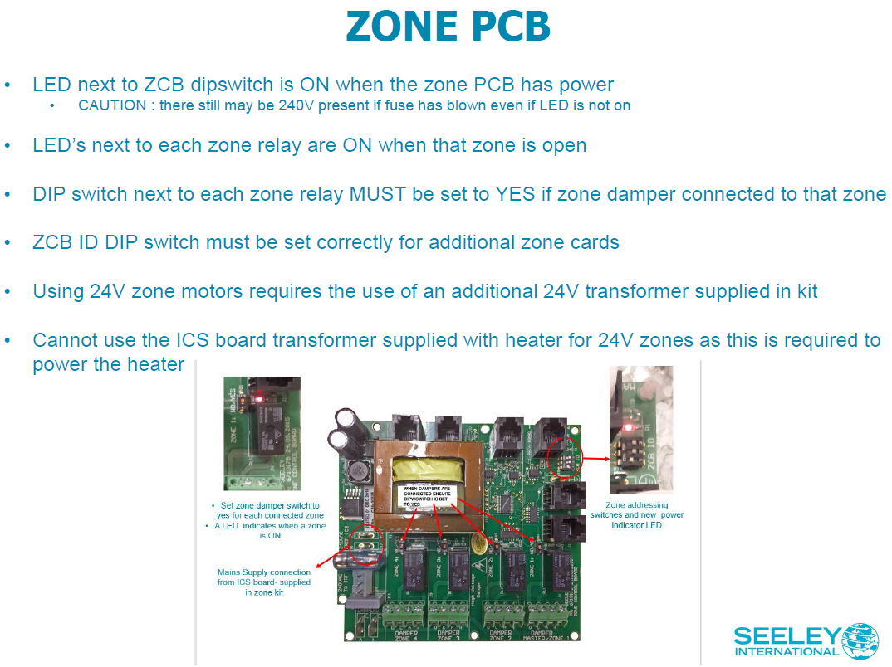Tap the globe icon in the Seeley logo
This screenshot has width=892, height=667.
(x=860, y=640)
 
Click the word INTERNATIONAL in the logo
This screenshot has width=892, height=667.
(x=787, y=651)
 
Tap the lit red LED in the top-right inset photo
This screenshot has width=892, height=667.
(x=628, y=427)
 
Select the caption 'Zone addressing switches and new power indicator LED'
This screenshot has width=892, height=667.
(x=637, y=514)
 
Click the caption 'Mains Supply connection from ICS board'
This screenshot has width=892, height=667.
(x=263, y=582)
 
